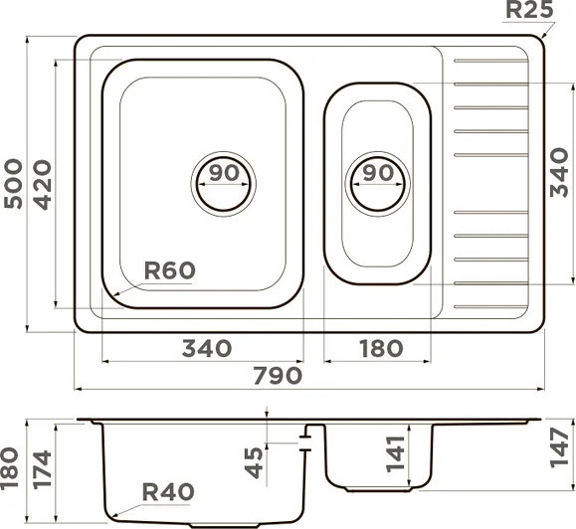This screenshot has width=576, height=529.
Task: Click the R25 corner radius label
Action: pyautogui.click(x=529, y=9)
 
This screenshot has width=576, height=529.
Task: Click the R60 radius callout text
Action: pyautogui.click(x=169, y=270)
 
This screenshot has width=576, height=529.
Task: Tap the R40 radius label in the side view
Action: pyautogui.click(x=168, y=492)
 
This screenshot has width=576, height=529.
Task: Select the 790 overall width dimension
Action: pyautogui.click(x=279, y=376)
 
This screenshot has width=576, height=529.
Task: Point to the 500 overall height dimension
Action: pyautogui.click(x=13, y=184)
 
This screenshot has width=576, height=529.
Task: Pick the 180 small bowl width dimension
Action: pyautogui.click(x=381, y=348)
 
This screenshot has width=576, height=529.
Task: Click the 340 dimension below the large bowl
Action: pyautogui.click(x=207, y=348)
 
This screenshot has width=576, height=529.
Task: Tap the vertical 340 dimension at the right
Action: pyautogui.click(x=559, y=172)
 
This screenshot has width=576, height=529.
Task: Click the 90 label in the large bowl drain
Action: pyautogui.click(x=224, y=173)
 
